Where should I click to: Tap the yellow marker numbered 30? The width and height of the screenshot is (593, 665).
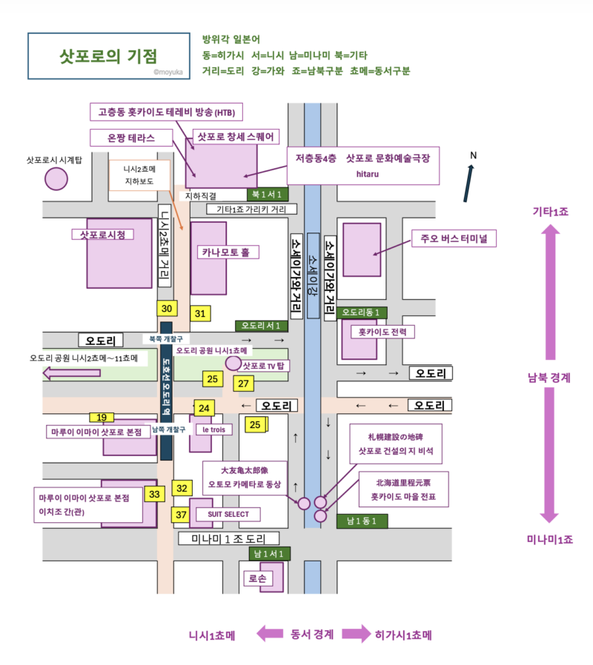pos(167,310)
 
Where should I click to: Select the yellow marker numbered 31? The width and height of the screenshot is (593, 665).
pos(200,313)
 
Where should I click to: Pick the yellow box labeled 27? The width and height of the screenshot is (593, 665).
pos(243,383)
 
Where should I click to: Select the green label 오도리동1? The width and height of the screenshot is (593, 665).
pos(362,313)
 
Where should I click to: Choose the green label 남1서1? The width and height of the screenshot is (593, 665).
pos(268,553)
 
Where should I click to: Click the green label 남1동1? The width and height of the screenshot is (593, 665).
pos(362,521)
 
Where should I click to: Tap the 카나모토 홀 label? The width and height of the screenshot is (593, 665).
pos(226,253)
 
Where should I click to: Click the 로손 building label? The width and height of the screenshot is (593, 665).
pos(259,578)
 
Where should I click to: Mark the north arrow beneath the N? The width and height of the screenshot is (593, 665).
pos(468,183)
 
